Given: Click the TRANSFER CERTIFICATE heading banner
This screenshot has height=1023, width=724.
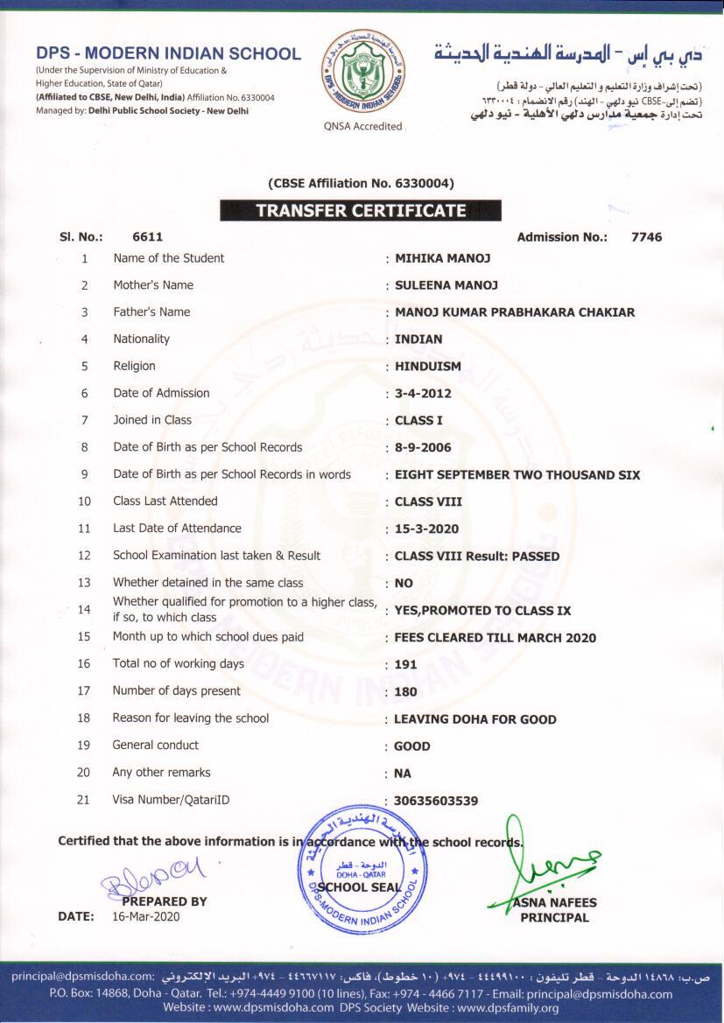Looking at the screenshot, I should click(360, 211).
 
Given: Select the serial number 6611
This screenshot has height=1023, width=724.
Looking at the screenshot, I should click(147, 237).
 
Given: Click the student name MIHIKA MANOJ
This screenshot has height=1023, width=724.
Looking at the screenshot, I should click(442, 259).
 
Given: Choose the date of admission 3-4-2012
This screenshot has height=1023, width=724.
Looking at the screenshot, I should click(423, 394).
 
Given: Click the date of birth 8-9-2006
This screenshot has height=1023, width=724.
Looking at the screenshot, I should click(423, 448).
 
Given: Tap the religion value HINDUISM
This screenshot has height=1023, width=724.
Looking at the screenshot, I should click(427, 367).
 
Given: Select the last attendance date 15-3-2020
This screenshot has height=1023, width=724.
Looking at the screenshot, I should click(426, 529).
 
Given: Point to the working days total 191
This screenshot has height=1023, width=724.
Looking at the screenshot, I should click(405, 665).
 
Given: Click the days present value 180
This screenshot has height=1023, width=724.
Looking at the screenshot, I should click(405, 692).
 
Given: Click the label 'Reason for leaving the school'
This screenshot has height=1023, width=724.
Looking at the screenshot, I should click(190, 718).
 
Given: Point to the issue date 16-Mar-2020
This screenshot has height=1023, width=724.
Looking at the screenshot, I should click(145, 916).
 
